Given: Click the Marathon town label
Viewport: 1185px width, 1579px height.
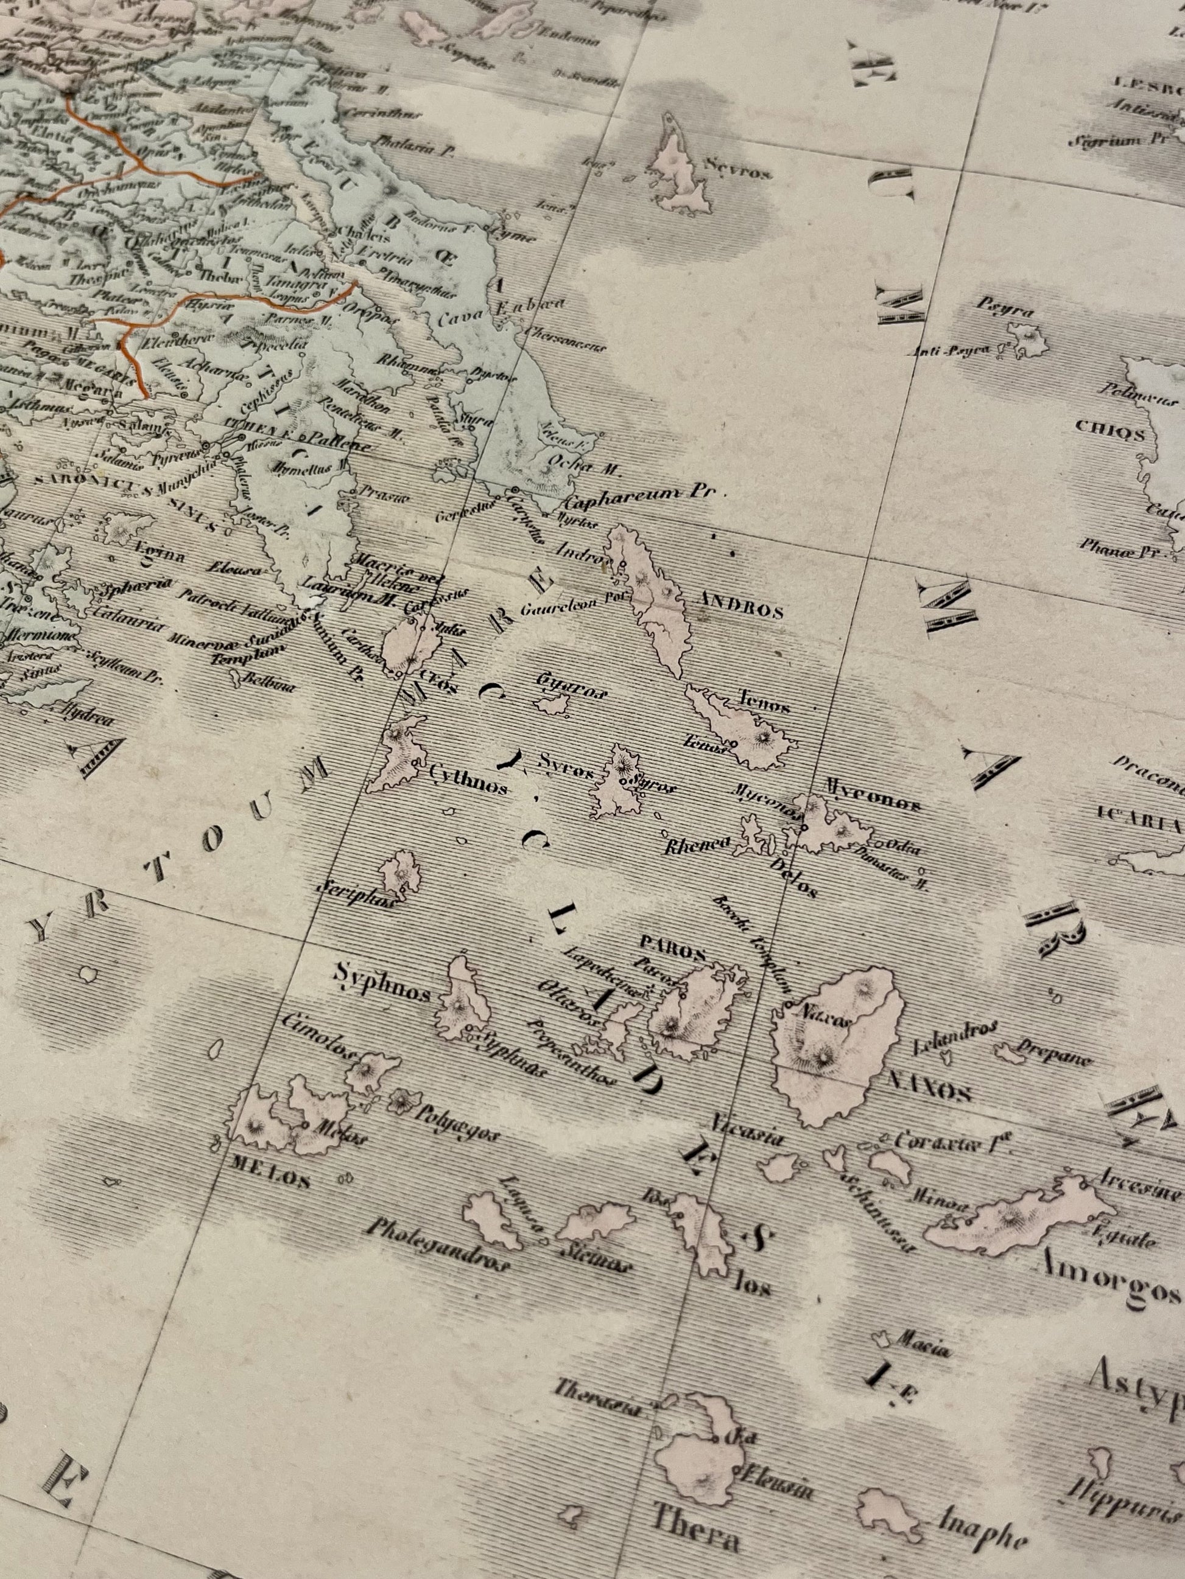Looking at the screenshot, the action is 368,401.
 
